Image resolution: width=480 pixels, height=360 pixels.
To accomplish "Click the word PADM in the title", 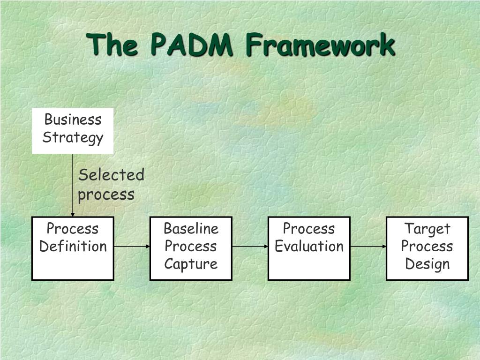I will click(x=191, y=45).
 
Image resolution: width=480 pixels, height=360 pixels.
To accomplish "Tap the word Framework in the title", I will click(x=320, y=45).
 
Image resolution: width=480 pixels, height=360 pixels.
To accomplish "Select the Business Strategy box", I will click(x=73, y=131).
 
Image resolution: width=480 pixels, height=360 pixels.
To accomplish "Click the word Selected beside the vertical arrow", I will click(x=111, y=175).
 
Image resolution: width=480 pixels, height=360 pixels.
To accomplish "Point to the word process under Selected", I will click(x=106, y=194).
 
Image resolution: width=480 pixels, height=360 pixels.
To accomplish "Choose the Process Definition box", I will click(x=73, y=248).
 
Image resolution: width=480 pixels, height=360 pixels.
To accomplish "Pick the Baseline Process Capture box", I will click(x=191, y=248).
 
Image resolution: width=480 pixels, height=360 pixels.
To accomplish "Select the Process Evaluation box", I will click(x=309, y=248).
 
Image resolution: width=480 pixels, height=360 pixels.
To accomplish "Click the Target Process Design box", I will click(x=427, y=248).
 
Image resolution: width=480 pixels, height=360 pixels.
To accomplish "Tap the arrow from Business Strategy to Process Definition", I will click(x=73, y=185).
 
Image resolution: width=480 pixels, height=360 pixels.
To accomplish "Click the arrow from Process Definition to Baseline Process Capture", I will click(x=132, y=246).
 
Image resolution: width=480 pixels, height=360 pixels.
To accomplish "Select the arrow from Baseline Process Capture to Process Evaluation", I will click(x=250, y=246).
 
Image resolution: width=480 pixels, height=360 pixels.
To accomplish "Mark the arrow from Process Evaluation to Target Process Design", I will click(x=368, y=246).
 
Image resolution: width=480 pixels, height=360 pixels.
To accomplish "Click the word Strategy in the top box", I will click(x=73, y=138).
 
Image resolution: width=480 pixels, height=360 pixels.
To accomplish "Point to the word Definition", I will click(x=73, y=246).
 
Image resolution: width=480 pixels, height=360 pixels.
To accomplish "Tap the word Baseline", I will click(x=191, y=229).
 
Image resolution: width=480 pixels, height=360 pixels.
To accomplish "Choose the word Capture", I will click(x=191, y=264).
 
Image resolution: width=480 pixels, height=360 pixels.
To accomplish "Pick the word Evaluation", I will click(x=309, y=246).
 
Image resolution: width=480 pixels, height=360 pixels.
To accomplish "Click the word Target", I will click(x=427, y=229).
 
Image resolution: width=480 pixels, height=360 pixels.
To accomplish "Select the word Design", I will click(x=427, y=264).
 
